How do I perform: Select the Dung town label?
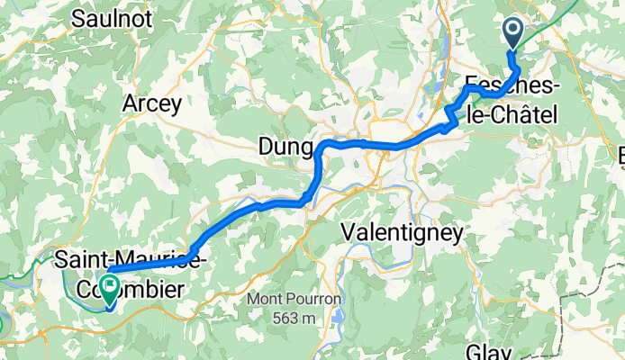click(285, 146)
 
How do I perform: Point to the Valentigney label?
click(403, 232)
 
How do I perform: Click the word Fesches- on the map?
click(510, 87)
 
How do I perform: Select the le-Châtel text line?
click(510, 113)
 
